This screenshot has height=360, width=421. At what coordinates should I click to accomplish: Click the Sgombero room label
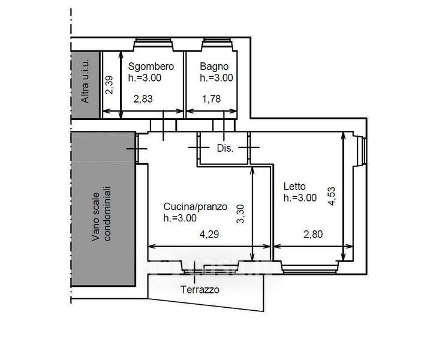click(x=151, y=67)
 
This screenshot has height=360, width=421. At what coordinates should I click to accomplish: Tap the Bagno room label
click(x=214, y=67)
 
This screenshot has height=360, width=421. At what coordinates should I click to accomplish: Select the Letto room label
click(x=294, y=186)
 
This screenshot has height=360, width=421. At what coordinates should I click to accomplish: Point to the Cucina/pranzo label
click(x=195, y=206)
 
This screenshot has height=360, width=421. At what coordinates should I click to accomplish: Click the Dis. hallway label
click(x=225, y=148)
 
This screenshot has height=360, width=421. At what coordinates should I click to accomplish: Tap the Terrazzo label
click(x=200, y=290)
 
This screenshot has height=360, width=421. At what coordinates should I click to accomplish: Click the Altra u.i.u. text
click(x=85, y=81)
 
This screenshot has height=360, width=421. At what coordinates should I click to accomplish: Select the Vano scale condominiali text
click(x=101, y=214)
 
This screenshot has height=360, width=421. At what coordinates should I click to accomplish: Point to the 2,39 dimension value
click(x=110, y=85)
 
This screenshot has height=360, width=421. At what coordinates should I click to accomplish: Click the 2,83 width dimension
click(x=143, y=99)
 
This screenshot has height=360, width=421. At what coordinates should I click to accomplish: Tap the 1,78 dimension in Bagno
click(x=211, y=99)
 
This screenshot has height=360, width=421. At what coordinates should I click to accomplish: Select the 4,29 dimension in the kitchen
click(x=209, y=234)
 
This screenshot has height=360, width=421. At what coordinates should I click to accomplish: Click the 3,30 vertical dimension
click(x=240, y=214)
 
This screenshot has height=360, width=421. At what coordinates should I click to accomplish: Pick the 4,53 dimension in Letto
click(x=332, y=196)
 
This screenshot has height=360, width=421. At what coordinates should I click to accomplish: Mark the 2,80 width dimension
click(x=313, y=234)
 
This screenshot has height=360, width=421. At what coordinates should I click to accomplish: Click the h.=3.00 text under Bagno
click(x=216, y=78)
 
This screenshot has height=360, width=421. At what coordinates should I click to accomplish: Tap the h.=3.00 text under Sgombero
click(x=145, y=78)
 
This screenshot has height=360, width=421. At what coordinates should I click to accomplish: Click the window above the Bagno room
click(x=218, y=43)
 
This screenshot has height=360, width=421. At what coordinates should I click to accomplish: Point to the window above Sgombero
click(x=153, y=43)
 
